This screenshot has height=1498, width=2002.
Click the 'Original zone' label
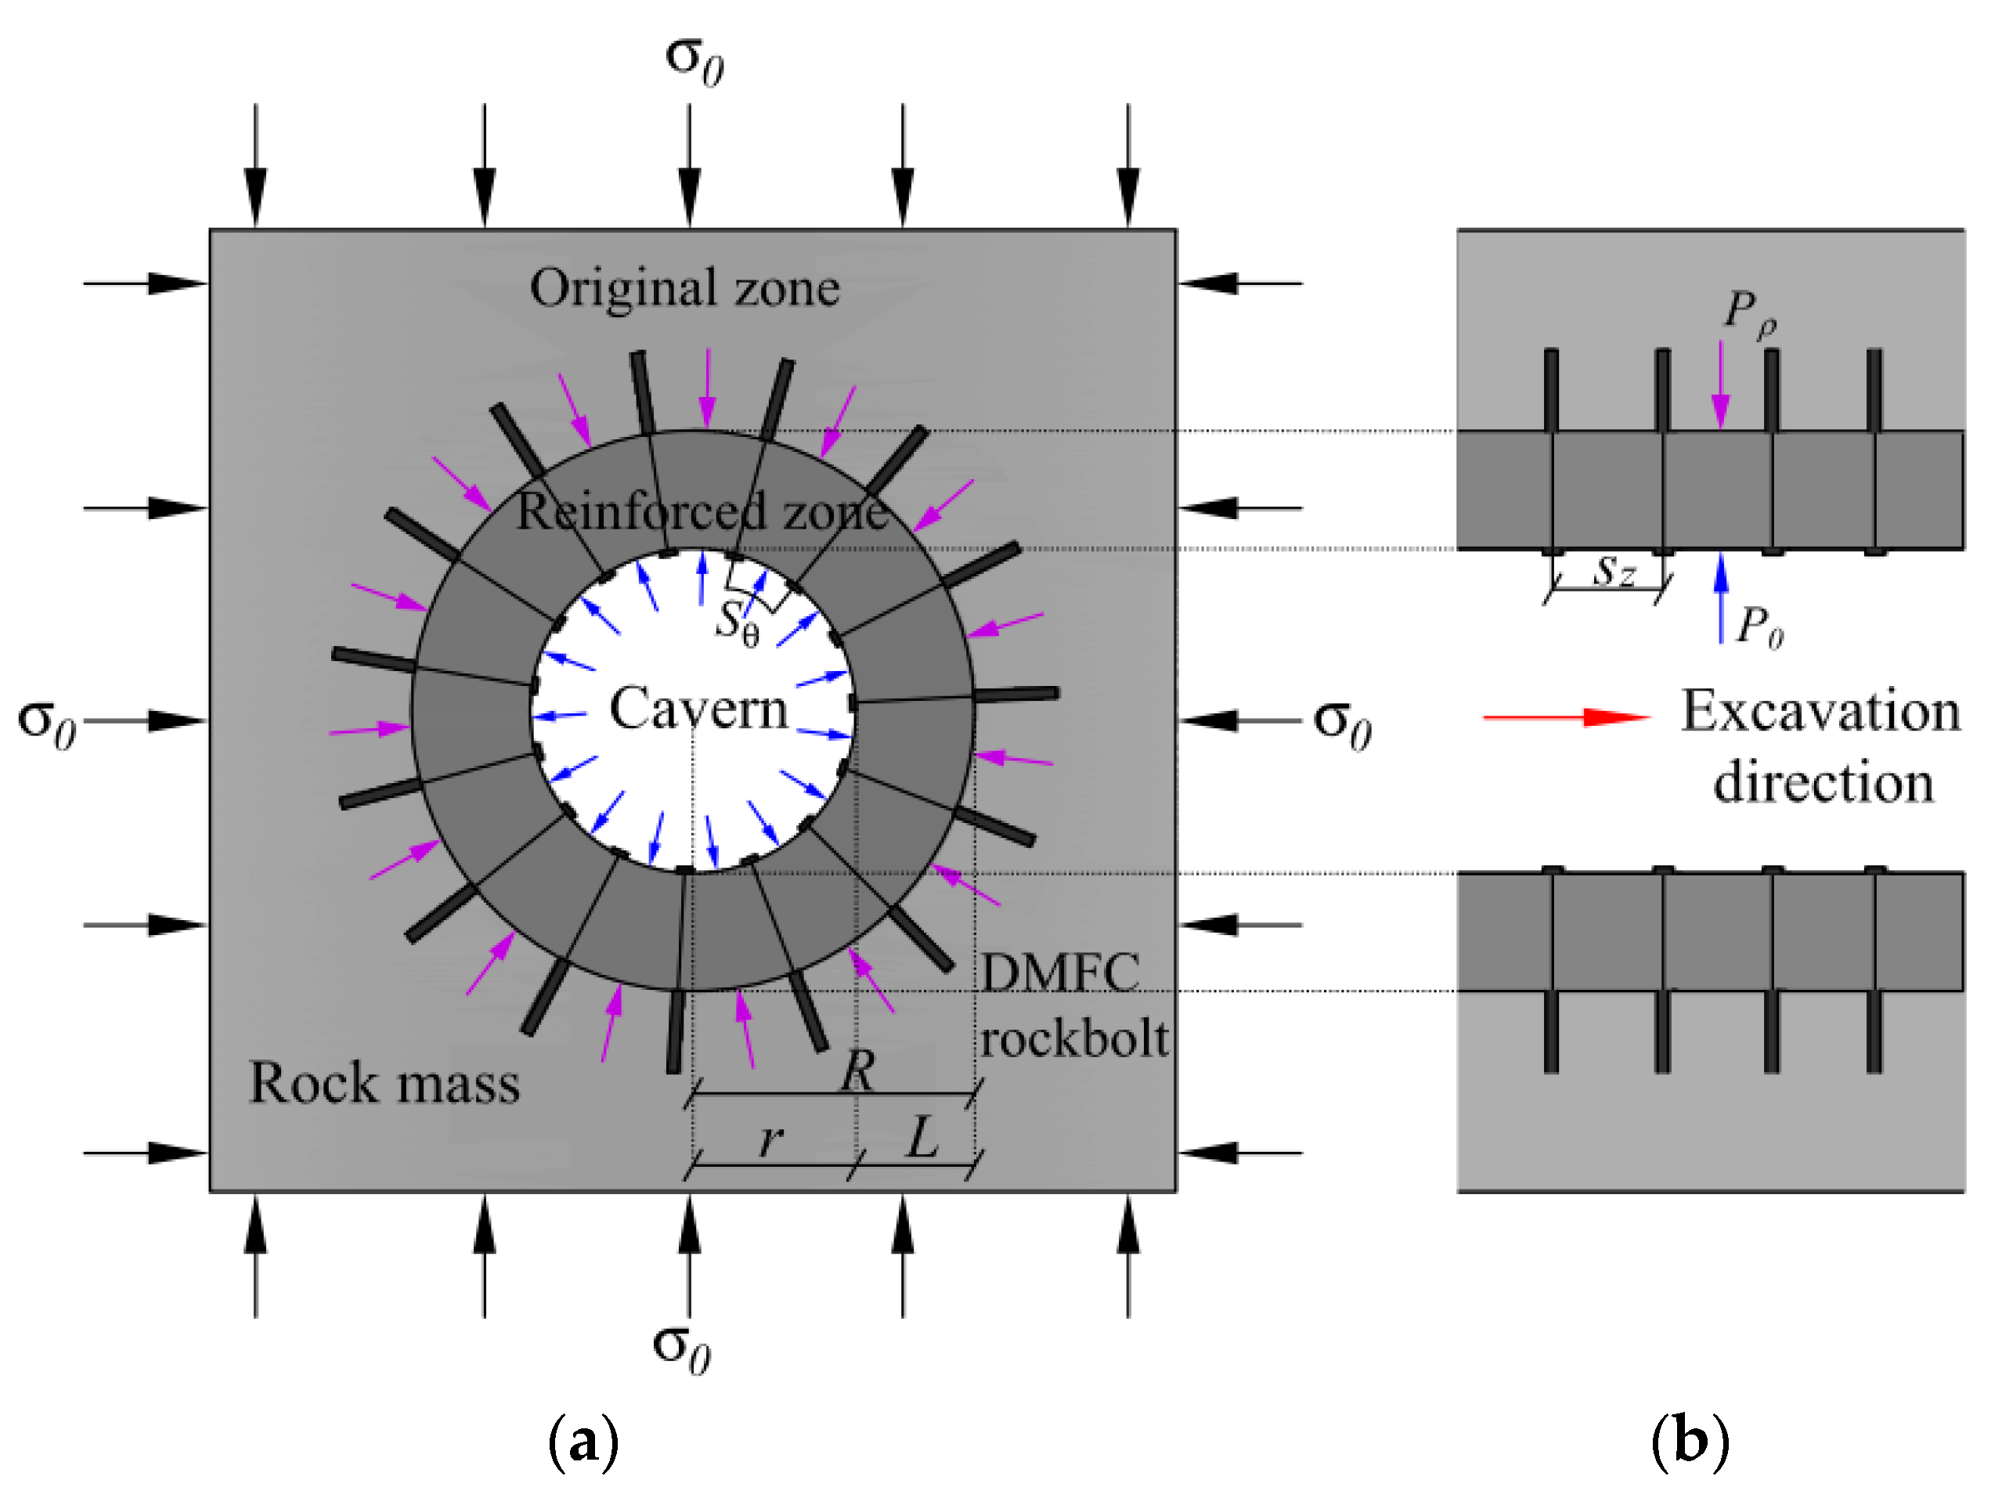click(684, 288)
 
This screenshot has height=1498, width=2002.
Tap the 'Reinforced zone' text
click(702, 511)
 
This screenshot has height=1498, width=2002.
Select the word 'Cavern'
click(698, 709)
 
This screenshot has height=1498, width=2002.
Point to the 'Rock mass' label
click(384, 1082)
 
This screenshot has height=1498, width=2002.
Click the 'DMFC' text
click(1060, 974)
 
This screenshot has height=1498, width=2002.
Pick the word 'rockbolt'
click(1074, 1039)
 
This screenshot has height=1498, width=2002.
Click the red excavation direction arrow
click(1567, 718)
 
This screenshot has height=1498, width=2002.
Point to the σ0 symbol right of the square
click(1342, 724)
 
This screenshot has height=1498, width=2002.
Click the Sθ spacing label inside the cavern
click(737, 623)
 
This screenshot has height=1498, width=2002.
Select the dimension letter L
click(922, 1138)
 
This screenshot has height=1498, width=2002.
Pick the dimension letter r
click(770, 1140)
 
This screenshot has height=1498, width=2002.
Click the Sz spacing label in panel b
click(1614, 571)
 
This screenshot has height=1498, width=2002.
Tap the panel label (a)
click(584, 1442)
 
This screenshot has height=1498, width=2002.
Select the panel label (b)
click(1690, 1442)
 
